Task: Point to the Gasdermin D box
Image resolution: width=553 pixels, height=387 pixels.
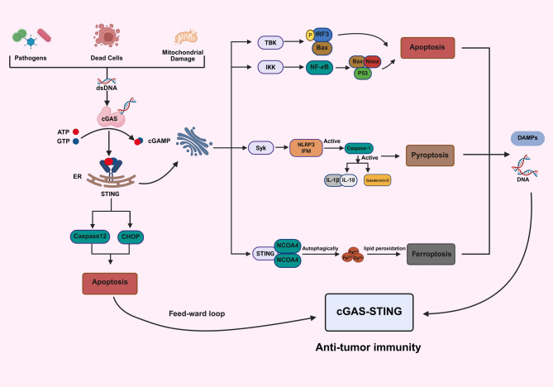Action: click(x=378, y=180)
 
